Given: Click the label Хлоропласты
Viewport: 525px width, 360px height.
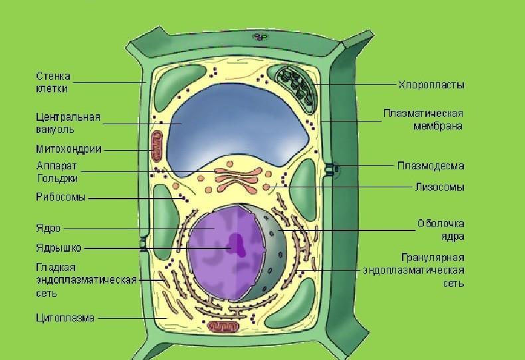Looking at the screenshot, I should tap(431, 85).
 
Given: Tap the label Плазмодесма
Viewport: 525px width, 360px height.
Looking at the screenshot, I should tap(431, 166).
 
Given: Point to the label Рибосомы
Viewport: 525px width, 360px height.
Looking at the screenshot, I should tap(60, 197).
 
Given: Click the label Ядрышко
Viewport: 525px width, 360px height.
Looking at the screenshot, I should tap(58, 248).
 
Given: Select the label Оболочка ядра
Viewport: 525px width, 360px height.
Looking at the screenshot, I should tap(440, 230).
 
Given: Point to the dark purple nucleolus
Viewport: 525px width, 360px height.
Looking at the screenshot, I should tap(237, 244).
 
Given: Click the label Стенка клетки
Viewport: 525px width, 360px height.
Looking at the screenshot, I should tap(52, 82).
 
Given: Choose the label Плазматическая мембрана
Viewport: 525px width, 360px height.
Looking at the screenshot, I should tap(423, 120).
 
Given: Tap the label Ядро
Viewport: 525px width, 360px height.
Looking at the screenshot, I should tap(48, 228).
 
